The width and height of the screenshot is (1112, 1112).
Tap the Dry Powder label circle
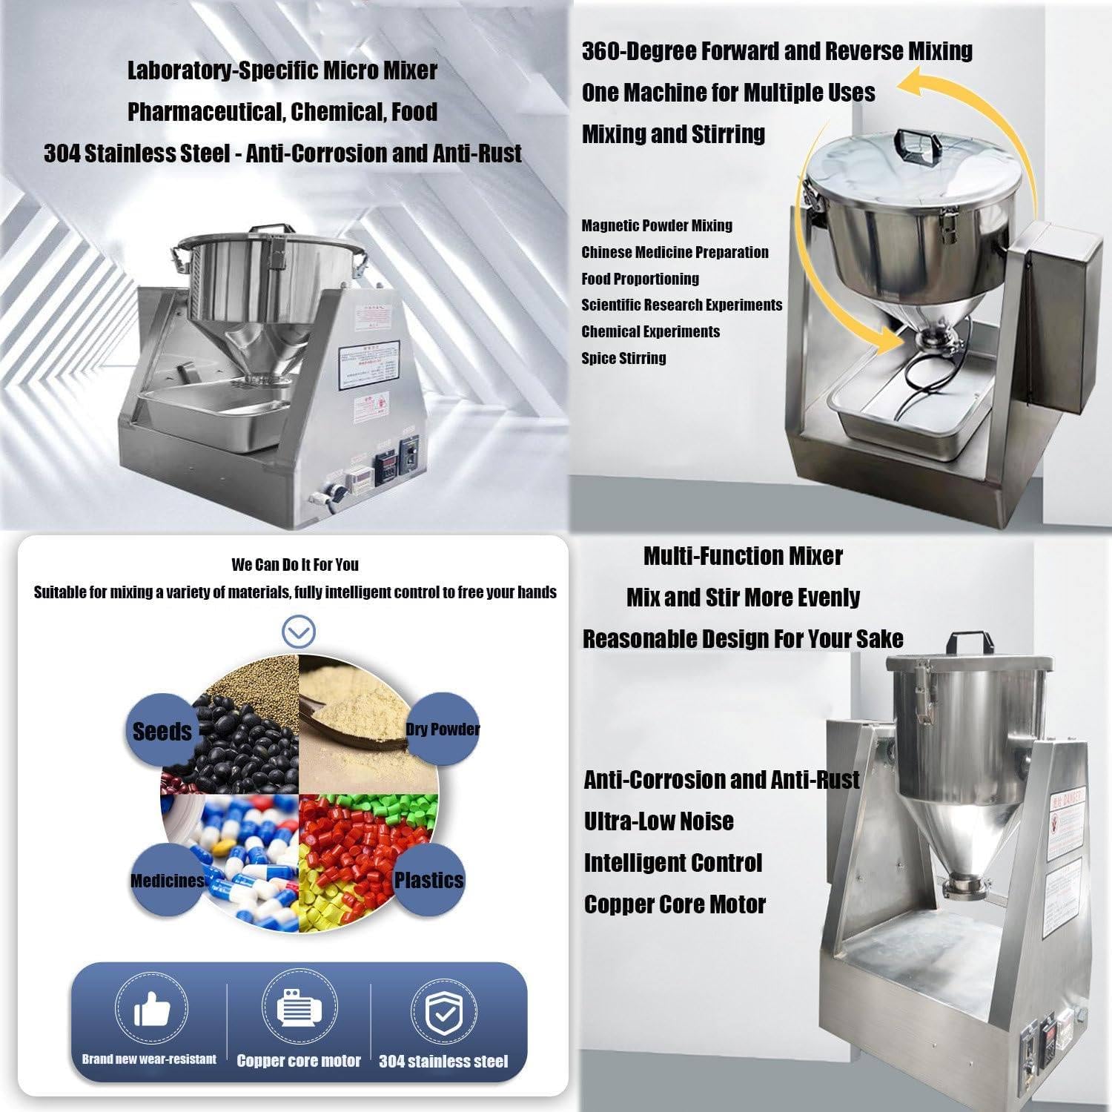tap(443, 729)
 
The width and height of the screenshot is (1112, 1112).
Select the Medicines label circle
tap(167, 881)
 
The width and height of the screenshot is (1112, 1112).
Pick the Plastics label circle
tap(428, 880)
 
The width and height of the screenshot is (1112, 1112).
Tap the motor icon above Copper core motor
tap(298, 1008)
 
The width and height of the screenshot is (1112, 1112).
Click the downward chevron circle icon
tap(299, 632)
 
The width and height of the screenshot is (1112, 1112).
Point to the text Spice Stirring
tap(623, 358)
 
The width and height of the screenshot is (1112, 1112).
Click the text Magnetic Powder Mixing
tap(657, 225)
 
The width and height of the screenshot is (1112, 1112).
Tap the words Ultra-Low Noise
tap(658, 821)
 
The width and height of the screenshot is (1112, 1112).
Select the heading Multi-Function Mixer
tap(743, 556)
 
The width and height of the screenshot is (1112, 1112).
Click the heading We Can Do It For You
tap(295, 565)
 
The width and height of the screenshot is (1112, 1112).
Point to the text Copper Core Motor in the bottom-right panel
tap(675, 904)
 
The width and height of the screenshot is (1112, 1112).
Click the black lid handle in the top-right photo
tap(911, 142)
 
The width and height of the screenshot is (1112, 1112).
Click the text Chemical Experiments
tap(650, 331)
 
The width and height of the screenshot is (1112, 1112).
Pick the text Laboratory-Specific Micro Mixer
tap(282, 70)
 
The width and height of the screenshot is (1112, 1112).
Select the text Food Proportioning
tap(640, 279)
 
